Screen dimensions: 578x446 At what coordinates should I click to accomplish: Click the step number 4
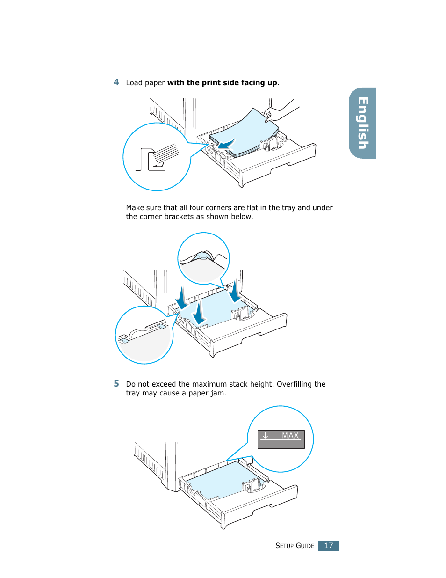pyautogui.click(x=116, y=82)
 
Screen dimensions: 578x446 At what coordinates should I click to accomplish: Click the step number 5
pyautogui.click(x=116, y=384)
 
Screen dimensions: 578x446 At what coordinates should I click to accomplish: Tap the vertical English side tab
pyautogui.click(x=363, y=123)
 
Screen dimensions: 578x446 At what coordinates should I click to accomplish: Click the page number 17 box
pyautogui.click(x=328, y=546)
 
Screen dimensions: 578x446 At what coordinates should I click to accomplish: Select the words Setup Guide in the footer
pyautogui.click(x=295, y=546)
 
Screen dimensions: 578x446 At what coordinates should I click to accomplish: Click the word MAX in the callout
pyautogui.click(x=290, y=436)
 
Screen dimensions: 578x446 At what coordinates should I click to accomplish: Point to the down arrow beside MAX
pyautogui.click(x=266, y=436)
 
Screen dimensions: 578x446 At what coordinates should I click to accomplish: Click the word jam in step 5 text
pyautogui.click(x=217, y=393)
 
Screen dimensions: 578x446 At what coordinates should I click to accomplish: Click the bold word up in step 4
pyautogui.click(x=272, y=83)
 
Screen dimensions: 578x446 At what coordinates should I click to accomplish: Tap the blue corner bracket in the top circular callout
pyautogui.click(x=202, y=255)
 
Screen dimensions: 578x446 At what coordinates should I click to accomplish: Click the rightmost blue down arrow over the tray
pyautogui.click(x=235, y=292)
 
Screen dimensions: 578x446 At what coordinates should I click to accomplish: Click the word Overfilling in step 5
pyautogui.click(x=295, y=384)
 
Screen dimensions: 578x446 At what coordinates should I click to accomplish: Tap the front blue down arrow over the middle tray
pyautogui.click(x=199, y=313)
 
